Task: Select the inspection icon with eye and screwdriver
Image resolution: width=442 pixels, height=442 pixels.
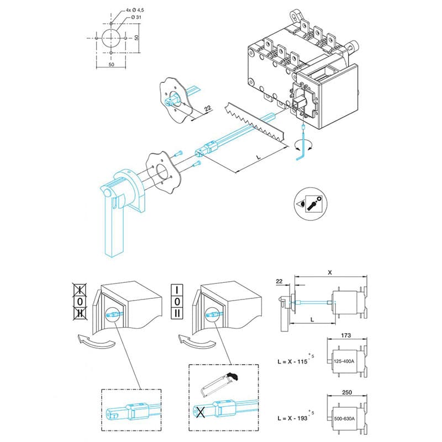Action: pyautogui.click(x=311, y=204)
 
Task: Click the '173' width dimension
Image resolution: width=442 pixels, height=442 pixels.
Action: pyautogui.click(x=347, y=335)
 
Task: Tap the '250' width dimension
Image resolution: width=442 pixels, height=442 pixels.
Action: pyautogui.click(x=347, y=392)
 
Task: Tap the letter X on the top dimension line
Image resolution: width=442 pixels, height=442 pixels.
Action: pyautogui.click(x=330, y=272)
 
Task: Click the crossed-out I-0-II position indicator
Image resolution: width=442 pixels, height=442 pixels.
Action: pyautogui.click(x=81, y=301)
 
